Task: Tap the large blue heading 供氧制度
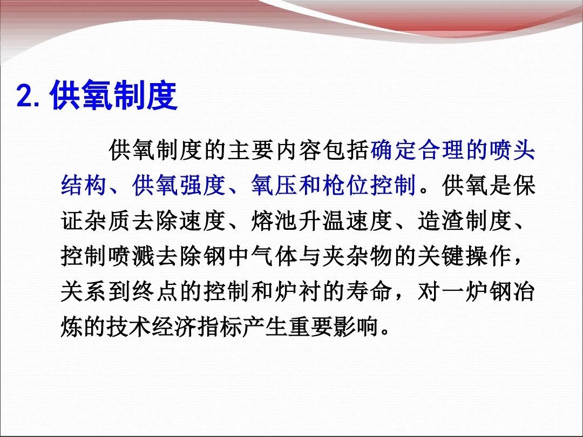(x=114, y=95)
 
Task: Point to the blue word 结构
(x=84, y=185)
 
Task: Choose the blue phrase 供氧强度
(x=179, y=185)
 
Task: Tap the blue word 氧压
(x=274, y=185)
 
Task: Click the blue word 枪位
(x=345, y=185)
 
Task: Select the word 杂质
(x=108, y=220)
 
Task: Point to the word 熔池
(x=274, y=220)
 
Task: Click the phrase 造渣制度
(x=465, y=220)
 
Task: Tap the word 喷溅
(x=132, y=256)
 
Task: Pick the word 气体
(x=274, y=256)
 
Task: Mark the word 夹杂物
(x=357, y=256)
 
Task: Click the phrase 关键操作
(x=465, y=256)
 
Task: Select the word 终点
(x=155, y=291)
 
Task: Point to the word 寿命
(x=369, y=291)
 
